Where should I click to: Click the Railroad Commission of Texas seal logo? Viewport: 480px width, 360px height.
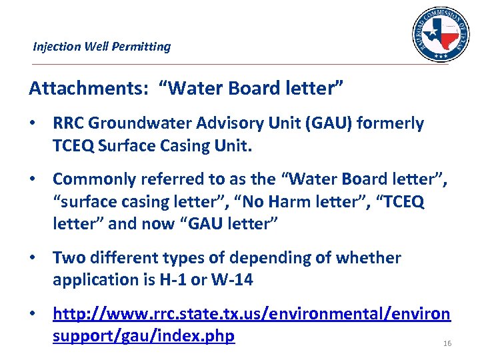click(x=441, y=35)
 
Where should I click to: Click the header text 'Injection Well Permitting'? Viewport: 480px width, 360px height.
click(x=101, y=47)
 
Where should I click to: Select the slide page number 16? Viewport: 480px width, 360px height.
click(x=447, y=343)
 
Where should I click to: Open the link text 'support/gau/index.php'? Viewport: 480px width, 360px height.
click(x=143, y=335)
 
